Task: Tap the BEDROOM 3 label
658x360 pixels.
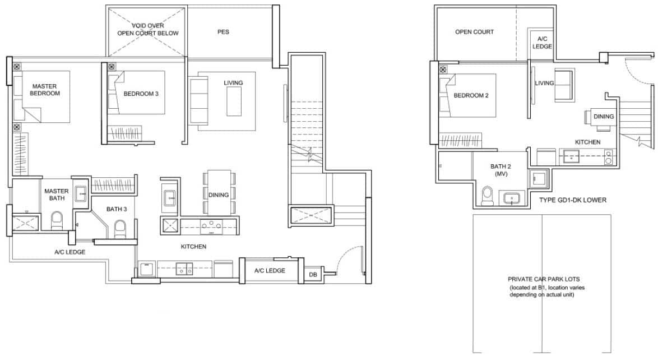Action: click(x=141, y=94)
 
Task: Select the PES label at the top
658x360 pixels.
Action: click(x=223, y=32)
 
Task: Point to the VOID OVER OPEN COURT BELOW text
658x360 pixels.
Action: click(x=147, y=30)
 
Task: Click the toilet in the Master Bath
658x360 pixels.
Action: click(x=57, y=220)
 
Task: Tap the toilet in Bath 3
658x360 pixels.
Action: click(x=119, y=228)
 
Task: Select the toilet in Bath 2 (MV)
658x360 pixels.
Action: click(x=487, y=196)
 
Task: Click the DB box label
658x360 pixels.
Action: click(x=312, y=275)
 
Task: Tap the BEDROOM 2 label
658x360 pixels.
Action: click(x=471, y=96)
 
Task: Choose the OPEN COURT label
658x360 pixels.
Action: click(x=474, y=32)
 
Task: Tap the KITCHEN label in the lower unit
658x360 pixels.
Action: click(x=587, y=142)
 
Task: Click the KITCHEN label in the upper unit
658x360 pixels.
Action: click(x=193, y=246)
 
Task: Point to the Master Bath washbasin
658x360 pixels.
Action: click(x=80, y=195)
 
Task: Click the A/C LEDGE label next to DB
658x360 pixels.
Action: click(x=270, y=271)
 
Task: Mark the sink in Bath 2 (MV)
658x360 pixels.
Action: click(x=511, y=199)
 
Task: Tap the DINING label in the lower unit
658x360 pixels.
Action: click(x=604, y=117)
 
